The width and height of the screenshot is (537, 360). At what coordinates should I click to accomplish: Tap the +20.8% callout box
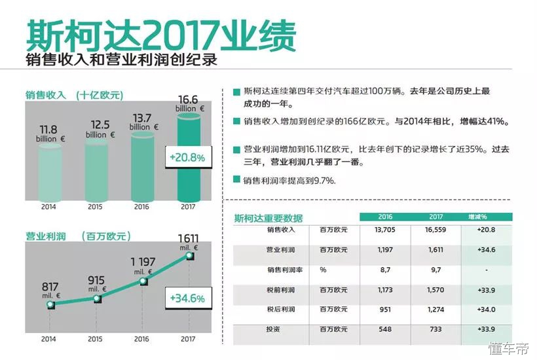click(187, 158)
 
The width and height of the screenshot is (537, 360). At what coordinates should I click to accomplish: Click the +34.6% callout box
click(187, 298)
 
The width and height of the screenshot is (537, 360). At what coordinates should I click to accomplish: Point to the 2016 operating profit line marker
click(143, 281)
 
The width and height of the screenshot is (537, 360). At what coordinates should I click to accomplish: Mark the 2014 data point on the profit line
click(50, 306)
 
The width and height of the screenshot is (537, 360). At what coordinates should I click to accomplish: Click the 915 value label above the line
click(96, 281)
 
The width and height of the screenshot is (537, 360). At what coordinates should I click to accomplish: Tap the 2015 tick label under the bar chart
click(96, 207)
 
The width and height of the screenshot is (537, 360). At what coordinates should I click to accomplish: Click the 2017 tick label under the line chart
click(188, 339)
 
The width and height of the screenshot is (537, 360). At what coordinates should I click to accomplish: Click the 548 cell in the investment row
click(384, 329)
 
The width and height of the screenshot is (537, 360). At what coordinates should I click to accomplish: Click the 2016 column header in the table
click(384, 217)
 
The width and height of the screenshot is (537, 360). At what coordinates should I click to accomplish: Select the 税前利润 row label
click(282, 289)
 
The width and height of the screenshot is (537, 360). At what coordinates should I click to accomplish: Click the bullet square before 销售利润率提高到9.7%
click(236, 179)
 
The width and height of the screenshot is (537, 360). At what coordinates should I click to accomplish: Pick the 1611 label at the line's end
click(188, 239)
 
